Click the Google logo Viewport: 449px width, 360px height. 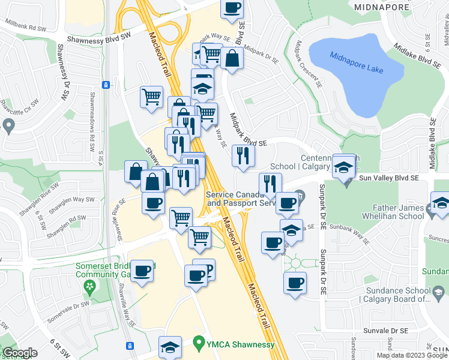point(20,353)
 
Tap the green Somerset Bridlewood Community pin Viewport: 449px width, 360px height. point(91,287)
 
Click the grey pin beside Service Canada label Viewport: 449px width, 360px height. point(301,196)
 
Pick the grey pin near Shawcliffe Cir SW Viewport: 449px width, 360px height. point(8,125)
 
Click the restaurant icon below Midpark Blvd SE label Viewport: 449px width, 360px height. point(243,156)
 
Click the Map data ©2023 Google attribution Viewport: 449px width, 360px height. point(412,355)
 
